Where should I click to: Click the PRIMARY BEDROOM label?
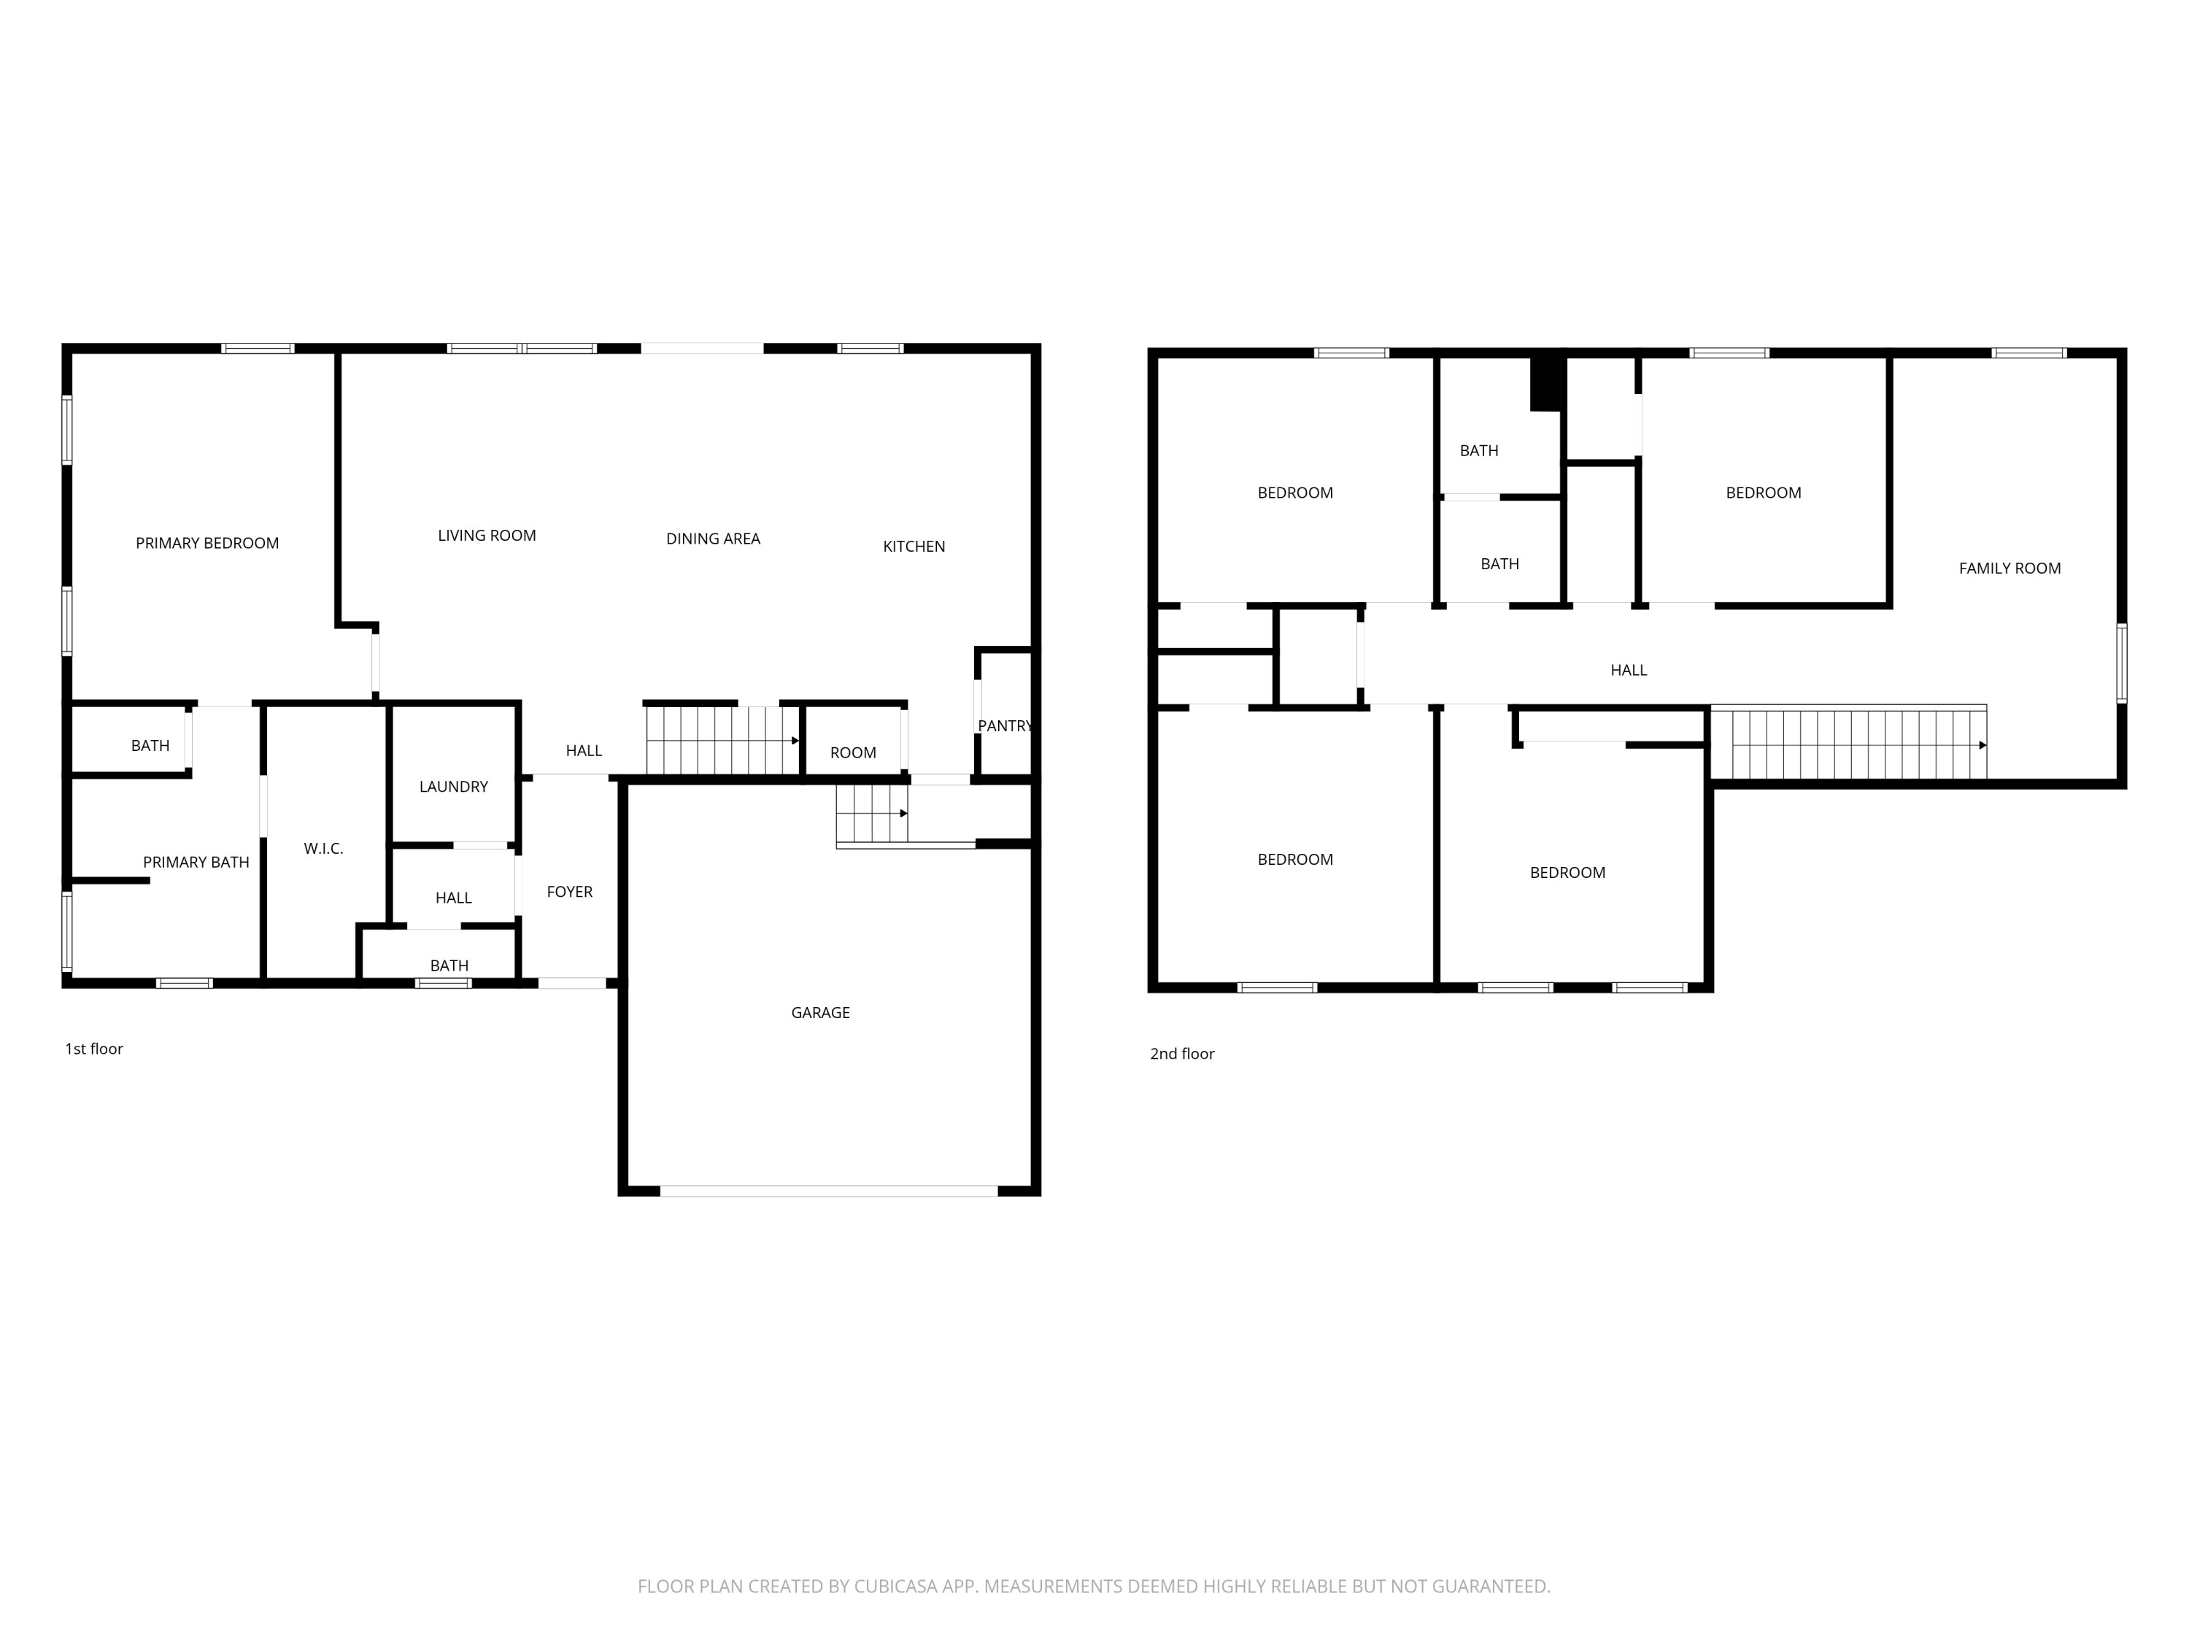[206, 542]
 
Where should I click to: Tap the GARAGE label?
[820, 1011]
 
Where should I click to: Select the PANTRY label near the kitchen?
[1005, 725]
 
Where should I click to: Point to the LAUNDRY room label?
[453, 786]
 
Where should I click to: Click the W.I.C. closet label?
[323, 848]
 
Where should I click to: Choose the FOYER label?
[569, 891]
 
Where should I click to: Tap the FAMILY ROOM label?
[2009, 567]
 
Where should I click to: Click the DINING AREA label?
[712, 539]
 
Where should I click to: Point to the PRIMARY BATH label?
[196, 861]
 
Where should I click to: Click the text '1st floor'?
[94, 1048]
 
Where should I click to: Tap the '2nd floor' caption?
[1181, 1053]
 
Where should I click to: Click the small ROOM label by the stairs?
[852, 752]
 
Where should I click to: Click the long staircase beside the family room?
[1848, 744]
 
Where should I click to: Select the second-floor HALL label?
[1628, 670]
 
